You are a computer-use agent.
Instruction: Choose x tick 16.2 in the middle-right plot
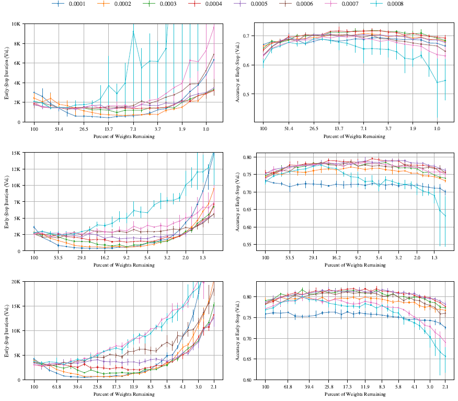336,258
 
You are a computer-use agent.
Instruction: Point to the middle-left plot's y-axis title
7,202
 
